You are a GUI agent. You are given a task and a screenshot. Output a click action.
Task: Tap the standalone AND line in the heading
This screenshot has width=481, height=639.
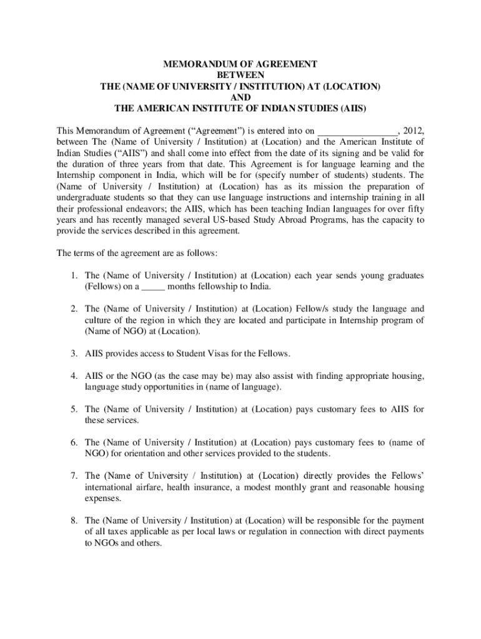click(x=241, y=97)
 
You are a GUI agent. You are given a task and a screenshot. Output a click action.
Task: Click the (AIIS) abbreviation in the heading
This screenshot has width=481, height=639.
click(x=352, y=108)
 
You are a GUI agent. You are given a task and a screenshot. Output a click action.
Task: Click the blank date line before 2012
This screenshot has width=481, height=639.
click(x=357, y=131)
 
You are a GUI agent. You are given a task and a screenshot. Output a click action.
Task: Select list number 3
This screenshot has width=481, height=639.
click(x=73, y=353)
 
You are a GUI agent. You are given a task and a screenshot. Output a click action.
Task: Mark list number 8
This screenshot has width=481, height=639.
click(x=73, y=520)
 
